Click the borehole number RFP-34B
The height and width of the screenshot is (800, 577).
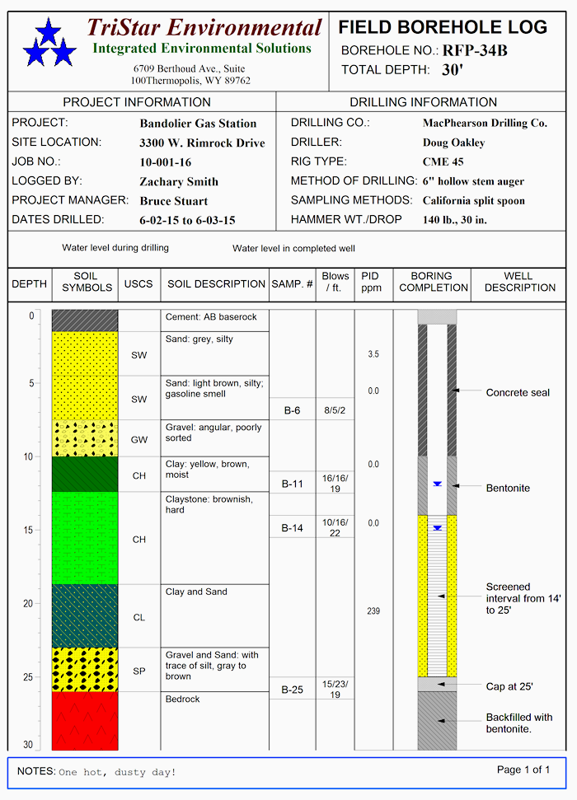tap(475, 51)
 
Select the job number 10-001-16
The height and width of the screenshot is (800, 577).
tap(166, 162)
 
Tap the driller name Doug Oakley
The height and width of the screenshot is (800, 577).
tap(453, 143)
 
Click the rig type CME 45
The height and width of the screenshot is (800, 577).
tap(443, 162)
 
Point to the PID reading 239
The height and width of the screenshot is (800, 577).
tap(373, 611)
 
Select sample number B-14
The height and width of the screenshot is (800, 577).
tap(292, 528)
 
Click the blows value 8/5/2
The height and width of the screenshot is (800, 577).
tap(335, 409)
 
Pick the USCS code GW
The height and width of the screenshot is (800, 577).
tap(139, 440)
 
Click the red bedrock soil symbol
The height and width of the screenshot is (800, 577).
tap(85, 721)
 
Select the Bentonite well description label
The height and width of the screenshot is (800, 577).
tap(508, 489)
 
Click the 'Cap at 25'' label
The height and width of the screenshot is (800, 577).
tap(509, 686)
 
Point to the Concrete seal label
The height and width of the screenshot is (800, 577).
tap(518, 393)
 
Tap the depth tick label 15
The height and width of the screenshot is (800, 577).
tap(29, 530)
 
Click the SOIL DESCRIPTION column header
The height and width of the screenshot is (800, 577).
tap(216, 284)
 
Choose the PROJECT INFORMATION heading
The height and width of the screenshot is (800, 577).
tap(137, 102)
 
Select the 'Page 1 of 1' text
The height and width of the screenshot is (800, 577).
tap(523, 770)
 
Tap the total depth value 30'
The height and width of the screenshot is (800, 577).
tap(453, 70)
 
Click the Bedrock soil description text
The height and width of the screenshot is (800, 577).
tap(182, 699)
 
